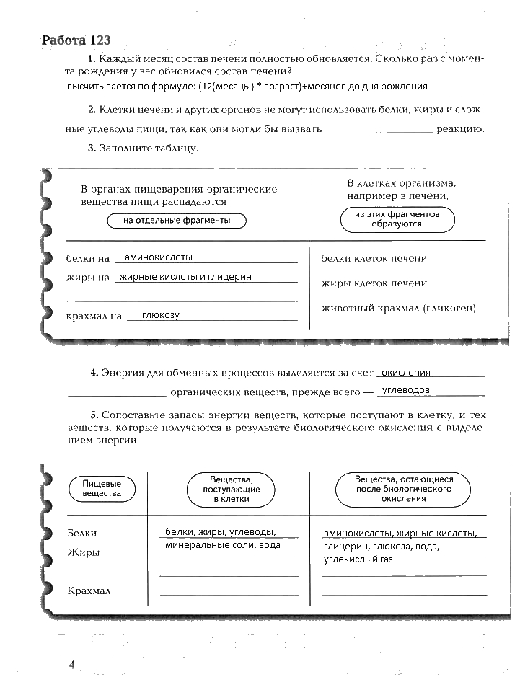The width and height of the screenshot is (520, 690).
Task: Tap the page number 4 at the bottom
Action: tap(72, 664)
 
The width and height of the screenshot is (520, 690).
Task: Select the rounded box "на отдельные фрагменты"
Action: tap(177, 221)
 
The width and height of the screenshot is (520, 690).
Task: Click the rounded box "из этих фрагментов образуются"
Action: tap(397, 220)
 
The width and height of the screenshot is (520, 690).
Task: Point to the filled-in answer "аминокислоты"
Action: tap(159, 257)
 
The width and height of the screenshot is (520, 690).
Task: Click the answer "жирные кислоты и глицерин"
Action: tap(186, 276)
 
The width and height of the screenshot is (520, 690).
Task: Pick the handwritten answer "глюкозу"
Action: tap(161, 315)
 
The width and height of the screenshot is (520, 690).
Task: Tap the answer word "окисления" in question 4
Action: tap(406, 373)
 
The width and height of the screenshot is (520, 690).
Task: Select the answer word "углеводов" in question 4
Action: tap(406, 390)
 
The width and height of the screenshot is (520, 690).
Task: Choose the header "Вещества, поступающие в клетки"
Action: tap(230, 489)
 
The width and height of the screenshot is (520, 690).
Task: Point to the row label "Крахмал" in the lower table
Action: tap(89, 591)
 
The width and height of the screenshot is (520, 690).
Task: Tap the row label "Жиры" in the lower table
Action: tap(84, 553)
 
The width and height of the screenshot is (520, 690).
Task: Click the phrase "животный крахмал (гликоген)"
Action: tap(398, 309)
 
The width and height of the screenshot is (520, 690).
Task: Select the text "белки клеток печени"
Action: tap(374, 258)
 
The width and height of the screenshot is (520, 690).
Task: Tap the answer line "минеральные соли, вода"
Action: tap(222, 546)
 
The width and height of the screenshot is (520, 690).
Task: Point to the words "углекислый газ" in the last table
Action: tap(358, 559)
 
